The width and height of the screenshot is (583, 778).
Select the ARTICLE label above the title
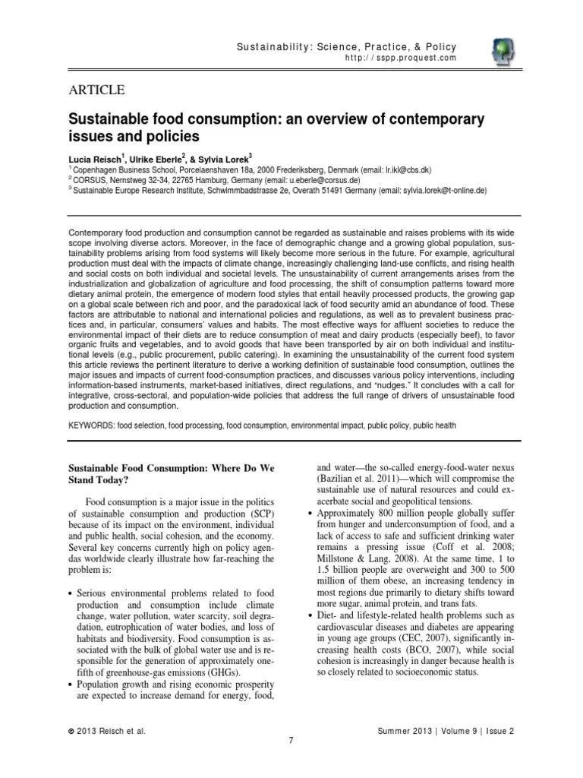pos(97,90)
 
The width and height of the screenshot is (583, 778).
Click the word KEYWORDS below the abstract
pos(90,425)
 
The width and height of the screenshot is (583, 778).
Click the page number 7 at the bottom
pos(291,742)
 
